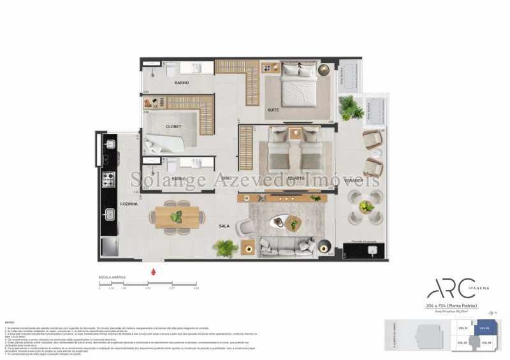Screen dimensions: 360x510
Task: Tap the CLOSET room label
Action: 173,126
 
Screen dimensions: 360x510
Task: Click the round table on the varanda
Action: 366,206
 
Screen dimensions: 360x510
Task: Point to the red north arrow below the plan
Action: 152,271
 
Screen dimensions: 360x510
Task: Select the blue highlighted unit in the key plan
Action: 484,329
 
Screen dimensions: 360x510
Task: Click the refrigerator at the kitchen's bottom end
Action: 108,246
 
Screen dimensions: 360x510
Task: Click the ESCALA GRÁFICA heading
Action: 112,278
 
